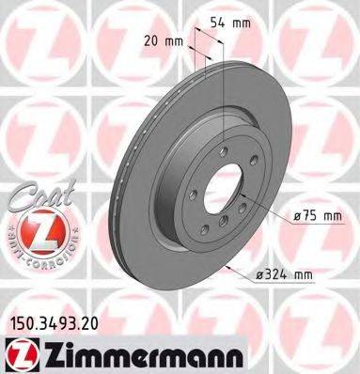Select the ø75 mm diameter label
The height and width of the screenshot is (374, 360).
315,218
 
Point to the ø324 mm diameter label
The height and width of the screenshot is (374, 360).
310,273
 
